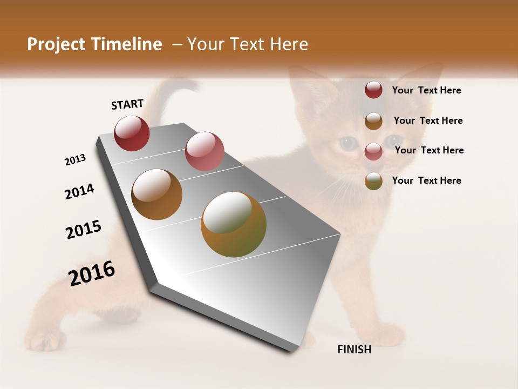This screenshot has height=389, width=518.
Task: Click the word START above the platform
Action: tap(127, 104)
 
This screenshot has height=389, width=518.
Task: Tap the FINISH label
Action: tap(354, 350)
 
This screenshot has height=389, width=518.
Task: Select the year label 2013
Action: tap(75, 160)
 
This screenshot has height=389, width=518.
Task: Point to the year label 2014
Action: tap(79, 191)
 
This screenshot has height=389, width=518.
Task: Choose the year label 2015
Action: tap(84, 230)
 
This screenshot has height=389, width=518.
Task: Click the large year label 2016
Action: tap(92, 273)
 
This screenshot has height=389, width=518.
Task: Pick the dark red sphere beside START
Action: tap(132, 133)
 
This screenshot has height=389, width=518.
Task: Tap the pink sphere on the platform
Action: tap(205, 151)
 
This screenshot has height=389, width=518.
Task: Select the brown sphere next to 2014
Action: tap(156, 194)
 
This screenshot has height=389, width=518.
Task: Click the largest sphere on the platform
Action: tap(234, 224)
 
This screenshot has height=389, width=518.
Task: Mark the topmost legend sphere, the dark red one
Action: tap(373, 90)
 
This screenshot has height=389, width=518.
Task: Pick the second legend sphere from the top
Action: tap(373, 120)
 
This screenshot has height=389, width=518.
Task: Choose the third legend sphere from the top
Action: tap(373, 151)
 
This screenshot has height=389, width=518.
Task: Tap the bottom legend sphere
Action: tap(373, 181)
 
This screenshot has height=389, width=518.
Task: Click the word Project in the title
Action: tap(55, 44)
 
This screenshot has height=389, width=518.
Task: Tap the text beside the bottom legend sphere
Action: tap(426, 180)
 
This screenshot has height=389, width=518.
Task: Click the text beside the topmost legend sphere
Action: tap(426, 90)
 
